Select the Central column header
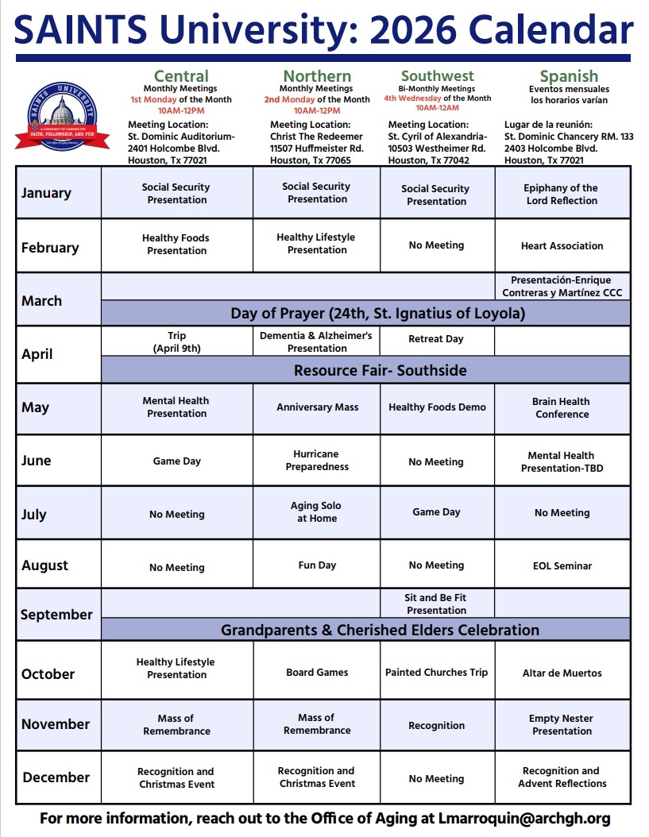pos(181,76)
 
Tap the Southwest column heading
pos(437,76)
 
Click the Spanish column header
pos(569,76)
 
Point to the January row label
pos(46,193)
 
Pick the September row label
pos(56,615)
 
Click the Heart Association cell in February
pos(562,246)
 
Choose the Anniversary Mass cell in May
pos(317,407)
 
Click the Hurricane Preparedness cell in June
pos(317,461)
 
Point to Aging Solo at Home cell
pos(317,512)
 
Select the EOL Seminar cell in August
pos(562,566)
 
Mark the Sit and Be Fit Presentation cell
pos(436,604)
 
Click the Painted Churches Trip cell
pos(436,673)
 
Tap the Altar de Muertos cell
pos(562,673)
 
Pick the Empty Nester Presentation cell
pos(561,725)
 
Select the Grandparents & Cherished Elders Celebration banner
pos(380,631)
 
